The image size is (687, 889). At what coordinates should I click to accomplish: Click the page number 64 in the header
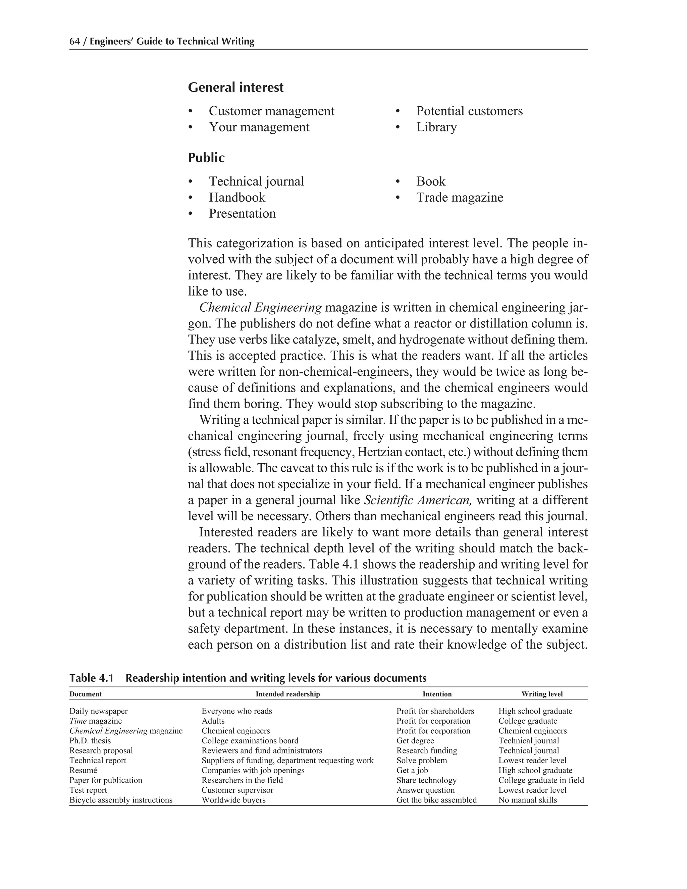tap(74, 42)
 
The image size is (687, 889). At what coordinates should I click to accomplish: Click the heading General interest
tap(235, 87)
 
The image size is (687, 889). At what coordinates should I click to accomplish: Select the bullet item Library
tap(436, 127)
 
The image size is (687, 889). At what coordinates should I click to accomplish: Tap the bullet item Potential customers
tap(469, 111)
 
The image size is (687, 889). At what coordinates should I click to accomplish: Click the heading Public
tap(206, 158)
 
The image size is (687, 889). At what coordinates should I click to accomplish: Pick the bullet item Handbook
tap(236, 197)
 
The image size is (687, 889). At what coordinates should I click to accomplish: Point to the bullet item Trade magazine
tap(459, 197)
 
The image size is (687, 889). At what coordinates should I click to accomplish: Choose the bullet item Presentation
tap(242, 213)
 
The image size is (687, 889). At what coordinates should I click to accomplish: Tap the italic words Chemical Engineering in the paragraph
tap(260, 307)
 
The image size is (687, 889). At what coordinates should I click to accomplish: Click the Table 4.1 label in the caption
tap(91, 678)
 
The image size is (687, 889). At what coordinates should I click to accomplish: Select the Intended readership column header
tap(287, 694)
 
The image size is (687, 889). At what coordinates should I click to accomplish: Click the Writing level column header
tap(542, 694)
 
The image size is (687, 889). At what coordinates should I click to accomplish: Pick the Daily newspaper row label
tap(99, 711)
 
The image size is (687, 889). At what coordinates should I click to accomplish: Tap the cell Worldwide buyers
tap(233, 800)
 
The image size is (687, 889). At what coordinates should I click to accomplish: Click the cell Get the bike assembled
tap(436, 800)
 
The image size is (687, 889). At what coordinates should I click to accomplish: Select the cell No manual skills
tap(527, 800)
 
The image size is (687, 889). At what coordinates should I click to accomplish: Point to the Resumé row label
tap(84, 770)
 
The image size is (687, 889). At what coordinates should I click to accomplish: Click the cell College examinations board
tap(250, 741)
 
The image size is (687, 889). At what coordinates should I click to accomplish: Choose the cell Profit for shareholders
tap(435, 711)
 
